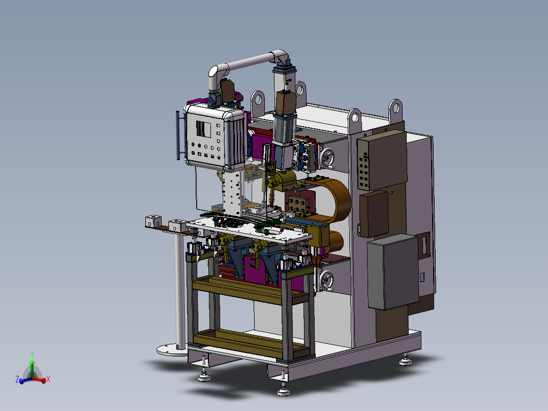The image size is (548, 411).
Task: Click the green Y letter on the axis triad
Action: [32, 355]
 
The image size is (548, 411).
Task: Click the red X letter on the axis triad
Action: [48, 379]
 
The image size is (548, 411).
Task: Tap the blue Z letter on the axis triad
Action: [17, 379]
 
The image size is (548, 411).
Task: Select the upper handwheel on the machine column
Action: [328, 158]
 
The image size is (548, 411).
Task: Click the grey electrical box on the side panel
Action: [393, 272]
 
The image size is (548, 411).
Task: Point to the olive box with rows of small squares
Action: [382, 160]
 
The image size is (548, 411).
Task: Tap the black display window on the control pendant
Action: [203, 129]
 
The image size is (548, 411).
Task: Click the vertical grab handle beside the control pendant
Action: [178, 135]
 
